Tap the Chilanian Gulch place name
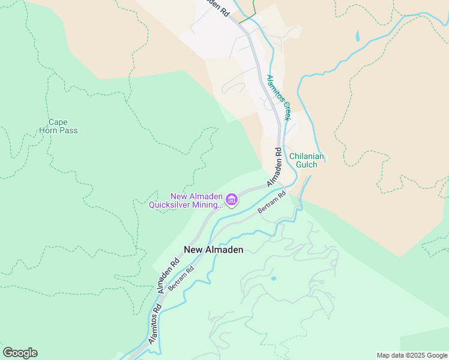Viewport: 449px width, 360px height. click(307, 161)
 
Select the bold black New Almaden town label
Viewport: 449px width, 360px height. click(213, 250)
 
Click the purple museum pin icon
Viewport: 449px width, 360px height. click(231, 199)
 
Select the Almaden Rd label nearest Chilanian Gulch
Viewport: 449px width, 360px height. click(274, 167)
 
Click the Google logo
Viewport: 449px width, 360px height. click(20, 353)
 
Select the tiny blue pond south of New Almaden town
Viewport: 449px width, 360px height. click(274, 278)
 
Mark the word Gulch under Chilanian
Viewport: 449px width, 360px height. click(307, 165)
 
